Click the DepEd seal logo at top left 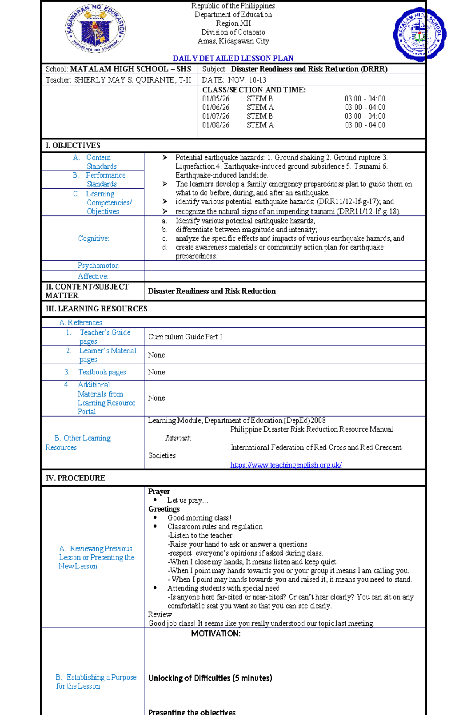tap(95, 28)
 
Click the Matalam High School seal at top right tap(419, 34)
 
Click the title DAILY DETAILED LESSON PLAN tap(233, 58)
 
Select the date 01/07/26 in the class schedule tap(216, 116)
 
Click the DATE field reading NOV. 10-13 tap(234, 80)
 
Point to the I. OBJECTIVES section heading tap(73, 145)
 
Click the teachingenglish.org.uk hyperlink tap(286, 465)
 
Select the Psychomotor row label tap(98, 265)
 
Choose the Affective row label tap(93, 276)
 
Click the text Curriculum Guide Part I tap(185, 337)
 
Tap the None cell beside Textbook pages tap(156, 372)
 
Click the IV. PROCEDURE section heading tap(75, 478)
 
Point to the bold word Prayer tap(159, 491)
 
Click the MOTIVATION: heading tap(216, 634)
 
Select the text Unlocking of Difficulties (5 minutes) tap(210, 678)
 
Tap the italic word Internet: tap(178, 438)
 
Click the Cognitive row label tap(93, 238)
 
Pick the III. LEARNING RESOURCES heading tap(97, 309)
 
